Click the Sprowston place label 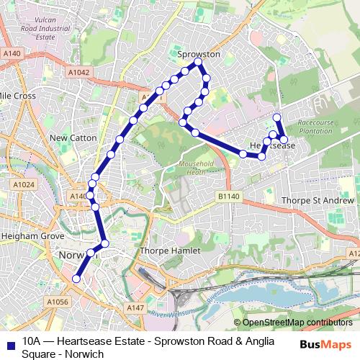(x=199, y=54)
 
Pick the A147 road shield (x=136, y=307)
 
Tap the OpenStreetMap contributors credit (x=296, y=323)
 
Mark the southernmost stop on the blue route (x=77, y=279)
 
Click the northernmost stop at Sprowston (x=197, y=66)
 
